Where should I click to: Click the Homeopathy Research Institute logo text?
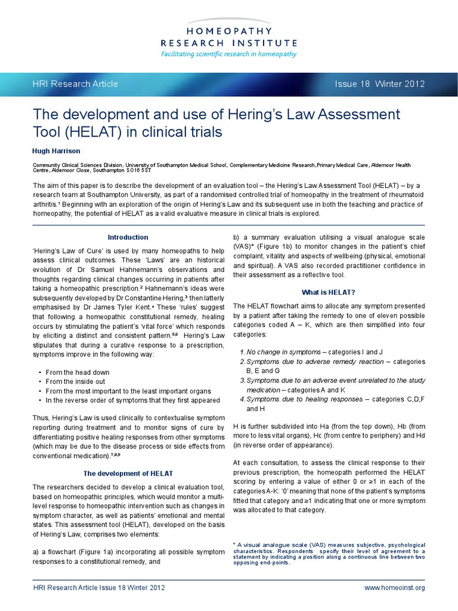(229, 36)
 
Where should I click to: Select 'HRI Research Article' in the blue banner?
(75, 84)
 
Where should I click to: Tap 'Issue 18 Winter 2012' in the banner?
(380, 84)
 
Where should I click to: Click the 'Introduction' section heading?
(128, 237)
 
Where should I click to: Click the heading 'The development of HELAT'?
(128, 473)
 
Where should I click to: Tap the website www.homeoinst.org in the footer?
(394, 588)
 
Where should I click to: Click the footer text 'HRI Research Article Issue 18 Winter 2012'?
(98, 588)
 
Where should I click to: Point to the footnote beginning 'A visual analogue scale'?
(329, 553)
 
